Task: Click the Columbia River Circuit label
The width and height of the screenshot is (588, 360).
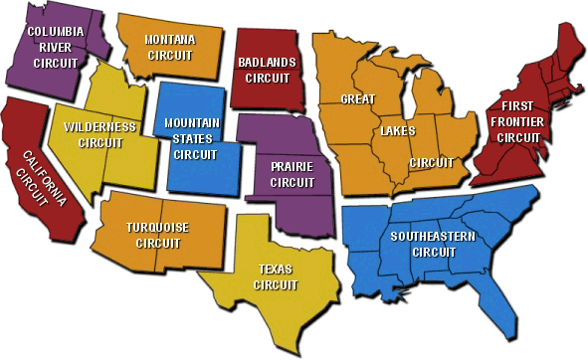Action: (x=55, y=47)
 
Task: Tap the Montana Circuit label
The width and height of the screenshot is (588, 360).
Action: (x=169, y=47)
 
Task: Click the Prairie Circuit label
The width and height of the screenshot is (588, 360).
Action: (x=279, y=175)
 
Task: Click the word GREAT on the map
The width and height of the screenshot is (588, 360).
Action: (x=357, y=99)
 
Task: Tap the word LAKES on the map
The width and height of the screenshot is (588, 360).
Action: (x=394, y=131)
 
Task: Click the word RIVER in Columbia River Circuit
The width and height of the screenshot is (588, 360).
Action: (x=55, y=47)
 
